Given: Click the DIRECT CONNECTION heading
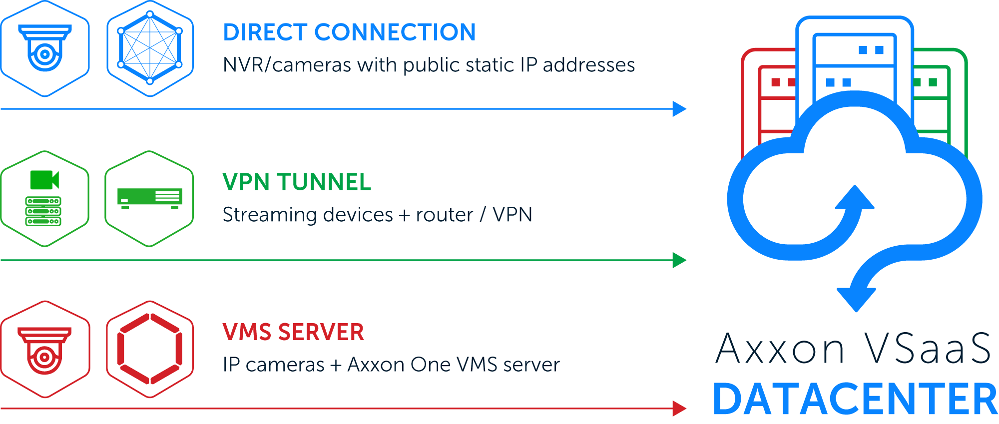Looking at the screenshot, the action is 349,32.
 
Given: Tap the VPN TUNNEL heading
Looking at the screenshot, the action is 297,182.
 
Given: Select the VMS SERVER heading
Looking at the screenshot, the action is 293,332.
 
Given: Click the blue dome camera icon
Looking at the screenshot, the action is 45,47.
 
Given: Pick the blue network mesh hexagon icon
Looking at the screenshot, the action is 150,48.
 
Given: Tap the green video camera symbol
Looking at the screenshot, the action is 45,180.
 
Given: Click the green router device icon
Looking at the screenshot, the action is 150,199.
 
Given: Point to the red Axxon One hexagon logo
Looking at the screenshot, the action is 150,349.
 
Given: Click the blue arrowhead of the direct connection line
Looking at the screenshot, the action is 679,109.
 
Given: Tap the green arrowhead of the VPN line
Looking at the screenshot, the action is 679,260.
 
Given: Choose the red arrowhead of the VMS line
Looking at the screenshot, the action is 679,409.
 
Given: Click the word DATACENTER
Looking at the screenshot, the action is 855,399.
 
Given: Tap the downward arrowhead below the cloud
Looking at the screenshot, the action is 856,298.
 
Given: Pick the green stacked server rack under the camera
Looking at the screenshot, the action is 43,211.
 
